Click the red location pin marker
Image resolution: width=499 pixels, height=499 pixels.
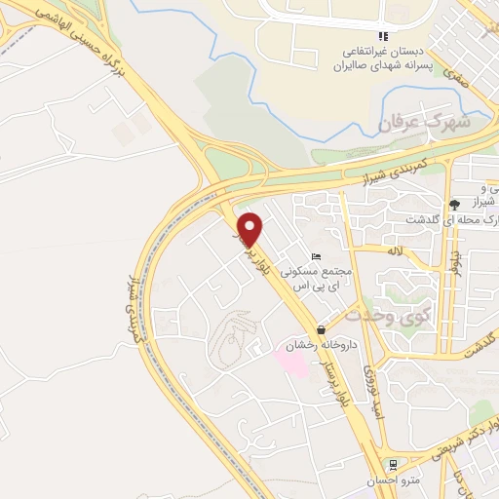(x=250, y=228)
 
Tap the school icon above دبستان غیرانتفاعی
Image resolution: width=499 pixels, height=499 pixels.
(x=383, y=36)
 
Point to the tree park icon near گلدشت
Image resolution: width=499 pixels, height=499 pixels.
(x=454, y=204)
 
